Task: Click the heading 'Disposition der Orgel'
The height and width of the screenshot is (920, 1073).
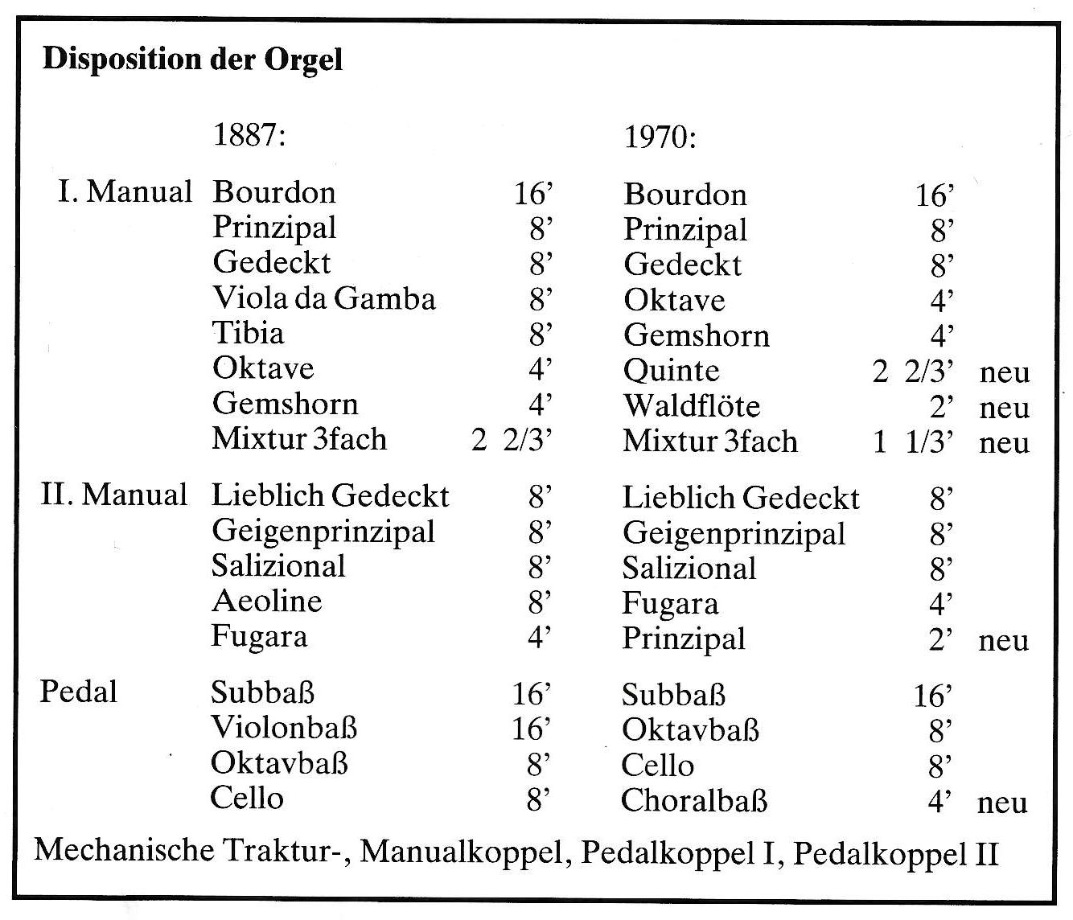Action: (192, 60)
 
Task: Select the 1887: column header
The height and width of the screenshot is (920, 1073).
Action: (249, 135)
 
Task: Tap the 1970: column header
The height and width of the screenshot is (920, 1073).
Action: (660, 138)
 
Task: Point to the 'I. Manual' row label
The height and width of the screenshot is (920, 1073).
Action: (125, 192)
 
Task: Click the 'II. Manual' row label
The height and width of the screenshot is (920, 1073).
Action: (114, 495)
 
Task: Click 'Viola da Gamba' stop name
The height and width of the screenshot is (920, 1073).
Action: (324, 298)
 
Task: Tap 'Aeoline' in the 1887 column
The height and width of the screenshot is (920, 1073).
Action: (267, 602)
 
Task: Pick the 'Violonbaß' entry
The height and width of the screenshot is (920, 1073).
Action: (284, 728)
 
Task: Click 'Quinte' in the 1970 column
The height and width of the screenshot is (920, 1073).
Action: (671, 371)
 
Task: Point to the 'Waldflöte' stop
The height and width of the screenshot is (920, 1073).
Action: (691, 406)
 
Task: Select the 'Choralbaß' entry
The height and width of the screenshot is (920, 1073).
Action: (694, 801)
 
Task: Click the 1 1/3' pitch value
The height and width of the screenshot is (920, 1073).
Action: (915, 442)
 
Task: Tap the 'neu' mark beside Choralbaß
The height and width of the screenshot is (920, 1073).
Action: (1002, 803)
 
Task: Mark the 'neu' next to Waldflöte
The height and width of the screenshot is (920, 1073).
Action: (1005, 408)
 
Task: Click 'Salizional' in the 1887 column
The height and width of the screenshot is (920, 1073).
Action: (278, 566)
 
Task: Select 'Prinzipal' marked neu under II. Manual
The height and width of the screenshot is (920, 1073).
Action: (684, 639)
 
